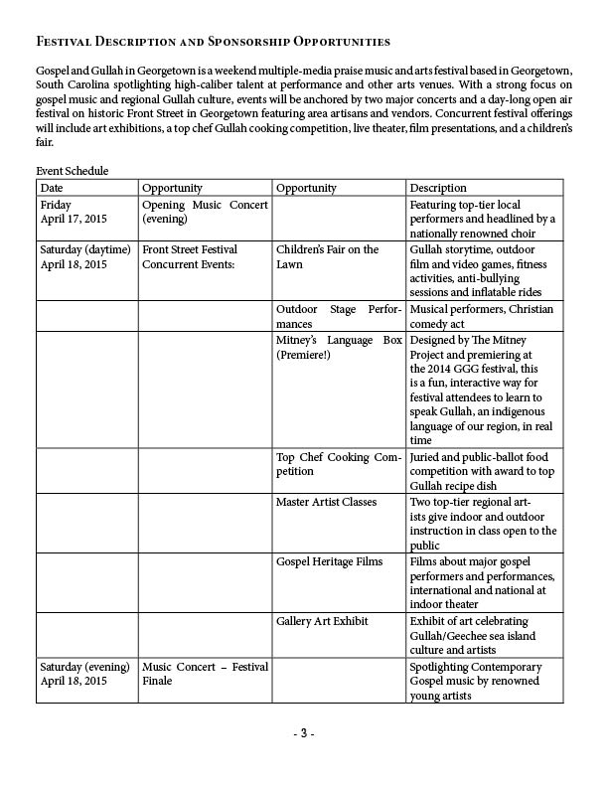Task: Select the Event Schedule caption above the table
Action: (x=73, y=171)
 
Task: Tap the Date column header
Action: (x=52, y=188)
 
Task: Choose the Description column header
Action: (x=438, y=188)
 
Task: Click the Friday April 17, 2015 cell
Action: (x=74, y=212)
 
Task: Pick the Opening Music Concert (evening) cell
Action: (x=205, y=212)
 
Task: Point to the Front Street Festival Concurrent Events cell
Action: (x=190, y=256)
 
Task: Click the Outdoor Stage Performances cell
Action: (x=339, y=316)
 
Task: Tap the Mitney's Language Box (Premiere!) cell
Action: (x=339, y=347)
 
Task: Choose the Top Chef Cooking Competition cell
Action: (x=339, y=464)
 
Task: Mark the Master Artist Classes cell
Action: (x=327, y=502)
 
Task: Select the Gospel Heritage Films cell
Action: (x=329, y=561)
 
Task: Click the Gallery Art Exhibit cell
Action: (x=323, y=621)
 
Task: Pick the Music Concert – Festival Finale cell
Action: (x=205, y=674)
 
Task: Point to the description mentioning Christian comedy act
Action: (x=482, y=316)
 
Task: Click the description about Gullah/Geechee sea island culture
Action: (x=482, y=636)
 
